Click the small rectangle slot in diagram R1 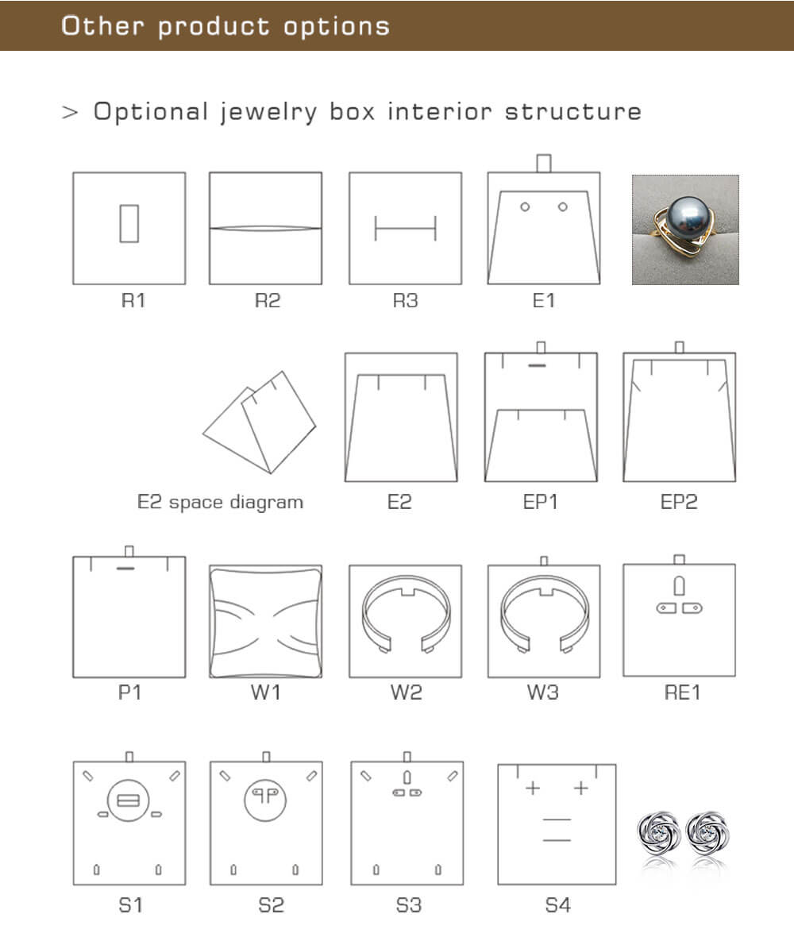click(129, 224)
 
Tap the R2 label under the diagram click(268, 300)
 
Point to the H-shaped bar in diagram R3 click(406, 228)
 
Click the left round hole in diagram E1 click(525, 207)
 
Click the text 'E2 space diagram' click(220, 502)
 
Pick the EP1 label click(540, 502)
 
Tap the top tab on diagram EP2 click(680, 348)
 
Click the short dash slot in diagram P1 click(125, 567)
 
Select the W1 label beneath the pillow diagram click(266, 692)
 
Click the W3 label click(543, 692)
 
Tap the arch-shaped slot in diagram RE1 click(680, 585)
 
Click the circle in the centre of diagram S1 click(128, 800)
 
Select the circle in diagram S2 click(265, 800)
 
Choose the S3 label click(409, 905)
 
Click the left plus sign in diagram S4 click(532, 788)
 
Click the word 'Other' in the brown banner click(103, 25)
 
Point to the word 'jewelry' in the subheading click(268, 112)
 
